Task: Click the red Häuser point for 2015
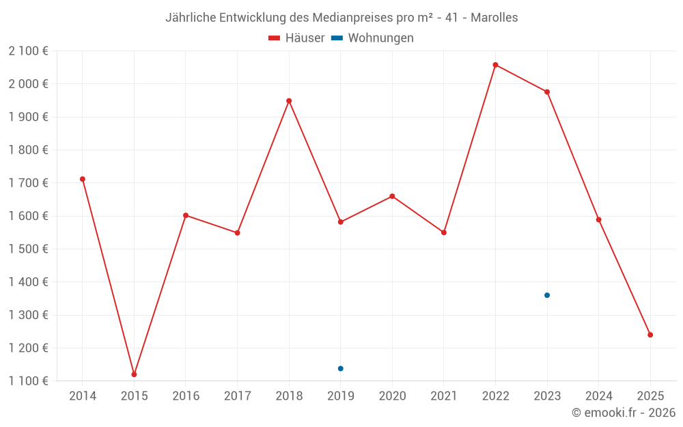134,374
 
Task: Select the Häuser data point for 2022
495,65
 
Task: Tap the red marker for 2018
289,101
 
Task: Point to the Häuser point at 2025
650,335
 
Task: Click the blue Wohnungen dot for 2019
340,369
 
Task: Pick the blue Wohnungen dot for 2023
547,295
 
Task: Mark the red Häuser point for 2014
83,179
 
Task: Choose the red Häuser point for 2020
392,196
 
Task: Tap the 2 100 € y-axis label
29,51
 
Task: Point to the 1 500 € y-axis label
29,249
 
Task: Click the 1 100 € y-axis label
29,381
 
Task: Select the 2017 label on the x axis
237,396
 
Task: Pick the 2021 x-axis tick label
444,396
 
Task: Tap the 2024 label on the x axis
598,396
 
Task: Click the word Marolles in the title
494,17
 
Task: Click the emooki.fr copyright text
624,413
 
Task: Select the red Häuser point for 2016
186,215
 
